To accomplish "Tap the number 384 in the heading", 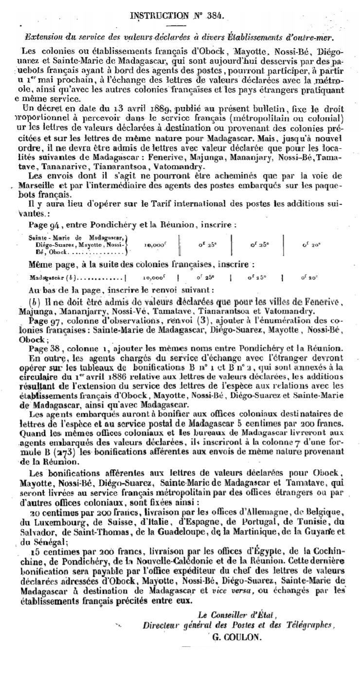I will [x=214, y=16].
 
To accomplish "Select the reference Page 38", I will [x=42, y=347].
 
